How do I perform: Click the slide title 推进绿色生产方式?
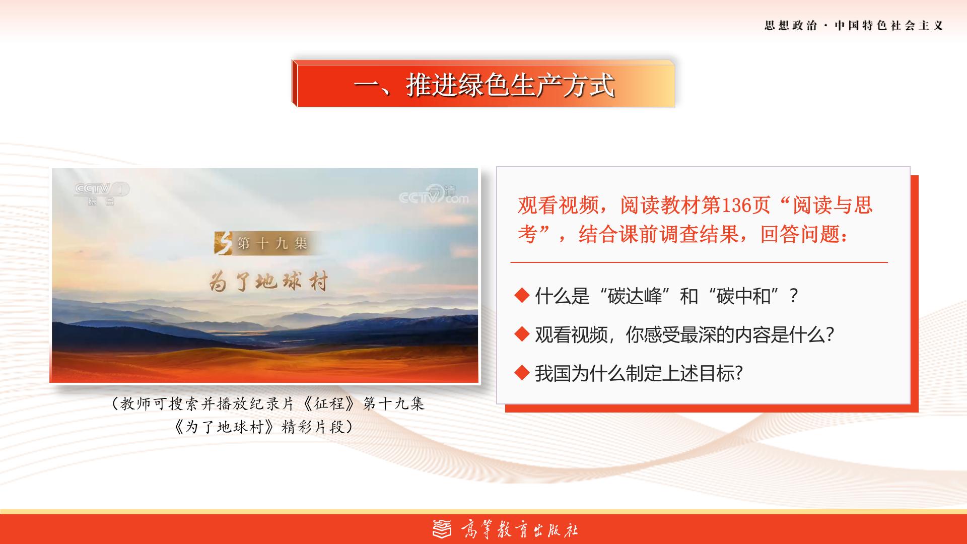pyautogui.click(x=511, y=85)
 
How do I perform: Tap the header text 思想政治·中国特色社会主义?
pyautogui.click(x=854, y=26)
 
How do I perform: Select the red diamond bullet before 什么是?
pyautogui.click(x=522, y=295)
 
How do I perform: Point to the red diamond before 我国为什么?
pyautogui.click(x=522, y=373)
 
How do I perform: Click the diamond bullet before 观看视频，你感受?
pyautogui.click(x=522, y=333)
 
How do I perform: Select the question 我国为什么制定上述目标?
pyautogui.click(x=639, y=374)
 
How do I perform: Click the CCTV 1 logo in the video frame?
pyautogui.click(x=101, y=193)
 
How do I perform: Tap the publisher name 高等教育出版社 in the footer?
pyautogui.click(x=519, y=530)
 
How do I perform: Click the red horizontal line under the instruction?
pyautogui.click(x=699, y=262)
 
